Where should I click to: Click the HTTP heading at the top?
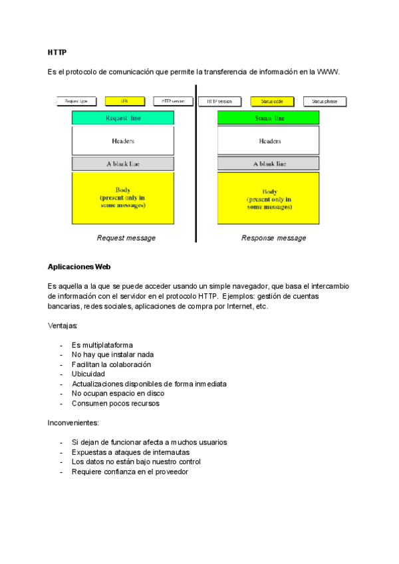coord(57,52)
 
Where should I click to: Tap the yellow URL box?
coord(124,101)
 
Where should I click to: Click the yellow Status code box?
coord(272,101)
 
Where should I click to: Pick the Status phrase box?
coord(325,101)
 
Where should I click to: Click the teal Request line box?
coord(123,118)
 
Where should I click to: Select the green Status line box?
coord(269,118)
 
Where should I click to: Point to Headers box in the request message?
coord(123,141)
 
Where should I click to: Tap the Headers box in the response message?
coord(269,141)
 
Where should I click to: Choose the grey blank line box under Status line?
coord(269,163)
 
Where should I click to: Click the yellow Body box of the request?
coord(123,198)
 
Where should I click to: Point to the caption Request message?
coord(126,237)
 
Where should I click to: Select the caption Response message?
coord(273,237)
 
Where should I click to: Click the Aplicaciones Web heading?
coord(78,267)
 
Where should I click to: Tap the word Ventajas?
coord(63,326)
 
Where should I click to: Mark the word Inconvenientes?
coord(72,422)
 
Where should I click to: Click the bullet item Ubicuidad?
coord(88,374)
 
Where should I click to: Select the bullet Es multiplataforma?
coord(102,345)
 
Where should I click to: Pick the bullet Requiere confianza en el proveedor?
coord(130,472)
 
